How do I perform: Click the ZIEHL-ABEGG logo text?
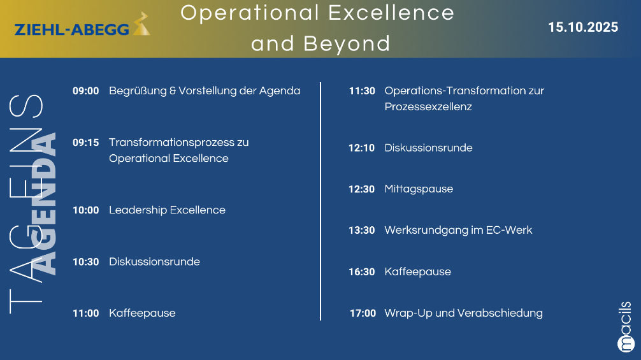coord(72,29)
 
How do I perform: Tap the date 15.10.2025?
coord(583,27)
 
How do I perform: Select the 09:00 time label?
coord(86,90)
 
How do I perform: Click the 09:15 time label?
coord(86,143)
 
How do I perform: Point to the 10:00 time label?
coord(86,210)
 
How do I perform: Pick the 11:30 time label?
coord(362,90)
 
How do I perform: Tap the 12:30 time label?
coord(362,189)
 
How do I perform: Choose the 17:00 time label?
coord(363,313)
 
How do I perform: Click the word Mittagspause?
coord(419,189)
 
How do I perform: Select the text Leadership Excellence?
coord(167,210)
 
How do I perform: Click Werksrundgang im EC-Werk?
coord(458,230)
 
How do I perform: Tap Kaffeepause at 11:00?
coord(142,313)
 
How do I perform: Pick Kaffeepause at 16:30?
coord(418,271)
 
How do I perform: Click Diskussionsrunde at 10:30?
coord(155,261)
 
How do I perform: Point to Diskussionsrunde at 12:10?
coord(428,148)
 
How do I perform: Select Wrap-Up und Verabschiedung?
coord(464,313)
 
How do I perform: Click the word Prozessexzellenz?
coord(428,106)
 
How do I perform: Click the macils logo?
coord(625,327)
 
